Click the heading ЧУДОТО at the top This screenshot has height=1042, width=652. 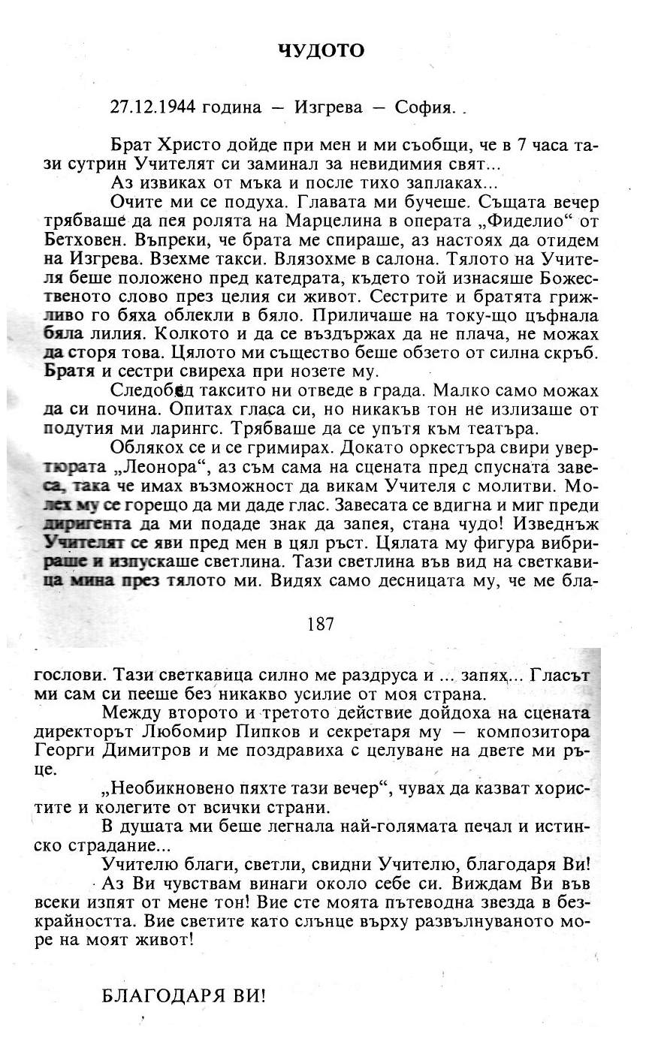pos(321,51)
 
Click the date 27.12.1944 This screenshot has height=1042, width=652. pos(152,107)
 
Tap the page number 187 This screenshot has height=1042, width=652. pos(321,624)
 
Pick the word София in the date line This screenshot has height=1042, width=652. pos(424,107)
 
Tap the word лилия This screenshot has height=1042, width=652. pos(104,334)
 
